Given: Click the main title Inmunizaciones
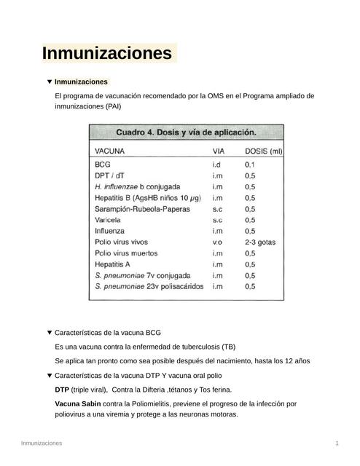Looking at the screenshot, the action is pos(107,54).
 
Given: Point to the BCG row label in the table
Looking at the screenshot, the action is pos(103,165).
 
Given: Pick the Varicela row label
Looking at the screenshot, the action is pos(110,220).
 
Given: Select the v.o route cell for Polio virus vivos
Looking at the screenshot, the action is pos(217,242).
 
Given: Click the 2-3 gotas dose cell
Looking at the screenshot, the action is pos(260,242).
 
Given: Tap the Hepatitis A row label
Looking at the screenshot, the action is pos(113,264).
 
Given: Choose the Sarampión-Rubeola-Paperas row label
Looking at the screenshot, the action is pos(142,209).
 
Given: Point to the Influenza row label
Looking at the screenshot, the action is pos(111,231).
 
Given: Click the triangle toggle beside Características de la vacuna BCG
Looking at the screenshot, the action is pos(49,333).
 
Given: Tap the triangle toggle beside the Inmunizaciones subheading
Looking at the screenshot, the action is pos(49,82).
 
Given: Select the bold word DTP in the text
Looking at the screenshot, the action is pos(63,390).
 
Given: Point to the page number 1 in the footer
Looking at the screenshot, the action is pos(337,443).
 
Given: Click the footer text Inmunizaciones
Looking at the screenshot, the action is pos(42,443).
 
